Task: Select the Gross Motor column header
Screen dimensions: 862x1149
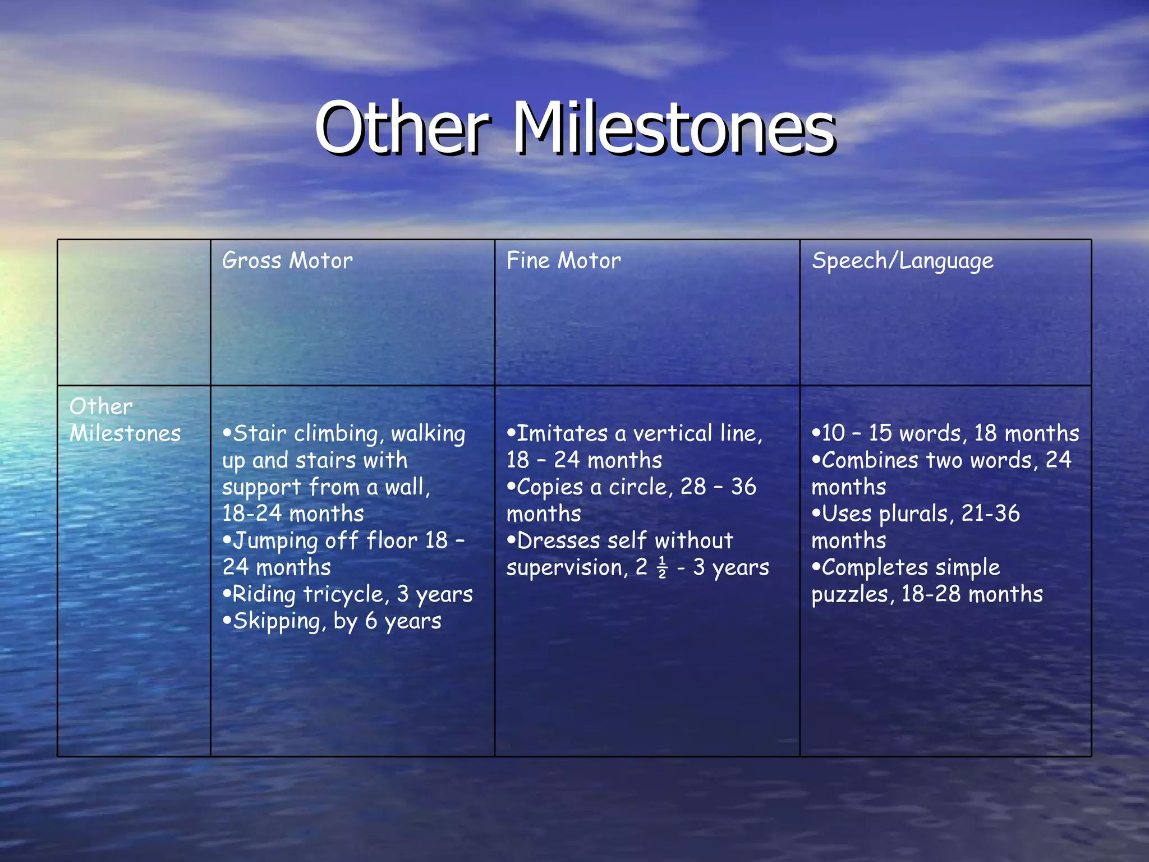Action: point(287,261)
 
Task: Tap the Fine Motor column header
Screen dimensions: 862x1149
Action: point(563,261)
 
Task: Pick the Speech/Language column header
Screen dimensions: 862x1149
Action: point(902,262)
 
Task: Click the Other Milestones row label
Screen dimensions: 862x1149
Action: point(125,420)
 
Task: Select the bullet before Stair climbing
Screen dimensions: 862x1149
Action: point(227,433)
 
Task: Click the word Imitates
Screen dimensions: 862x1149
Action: point(562,433)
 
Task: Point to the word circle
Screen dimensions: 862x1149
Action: point(640,487)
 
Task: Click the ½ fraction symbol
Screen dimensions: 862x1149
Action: point(662,567)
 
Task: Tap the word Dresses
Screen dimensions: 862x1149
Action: point(558,541)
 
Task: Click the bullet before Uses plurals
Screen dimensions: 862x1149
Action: point(816,513)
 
